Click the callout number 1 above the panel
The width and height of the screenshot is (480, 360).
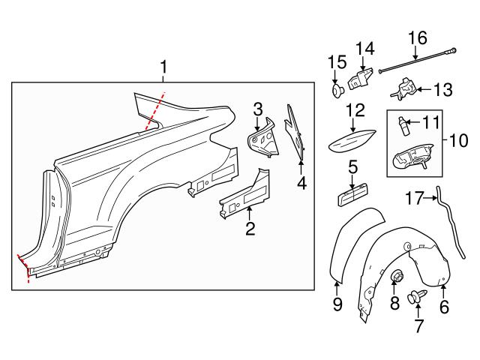tap(163, 70)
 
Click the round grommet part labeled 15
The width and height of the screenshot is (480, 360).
tap(337, 90)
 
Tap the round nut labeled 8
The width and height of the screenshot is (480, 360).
tap(395, 279)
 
